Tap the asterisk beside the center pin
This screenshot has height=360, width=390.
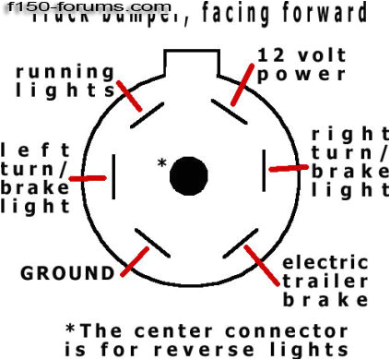tap(162, 163)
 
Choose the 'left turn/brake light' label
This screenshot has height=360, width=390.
tap(35, 177)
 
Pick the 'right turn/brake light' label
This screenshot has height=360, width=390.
tap(349, 162)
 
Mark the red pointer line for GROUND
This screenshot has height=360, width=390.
tap(133, 261)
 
